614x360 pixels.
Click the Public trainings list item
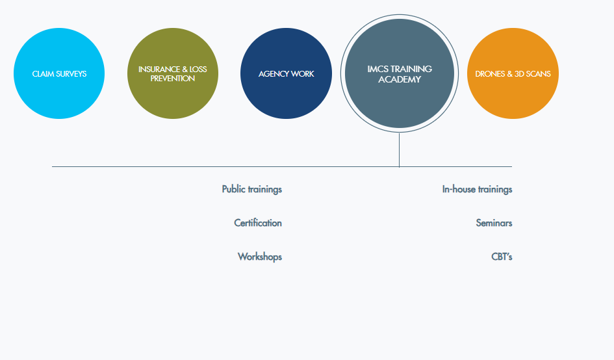click(x=252, y=190)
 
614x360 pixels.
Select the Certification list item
click(x=258, y=224)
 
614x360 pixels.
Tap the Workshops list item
click(x=260, y=257)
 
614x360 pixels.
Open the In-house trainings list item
click(x=477, y=190)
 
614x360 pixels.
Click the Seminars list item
click(x=494, y=224)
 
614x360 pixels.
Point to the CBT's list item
click(x=502, y=257)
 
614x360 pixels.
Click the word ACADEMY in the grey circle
click(x=400, y=80)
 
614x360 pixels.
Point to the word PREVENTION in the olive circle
click(x=173, y=79)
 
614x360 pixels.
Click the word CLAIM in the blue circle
click(x=43, y=74)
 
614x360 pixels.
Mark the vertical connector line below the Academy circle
click(x=399, y=149)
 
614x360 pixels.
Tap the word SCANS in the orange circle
click(x=539, y=74)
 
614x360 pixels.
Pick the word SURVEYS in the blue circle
click(x=71, y=74)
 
